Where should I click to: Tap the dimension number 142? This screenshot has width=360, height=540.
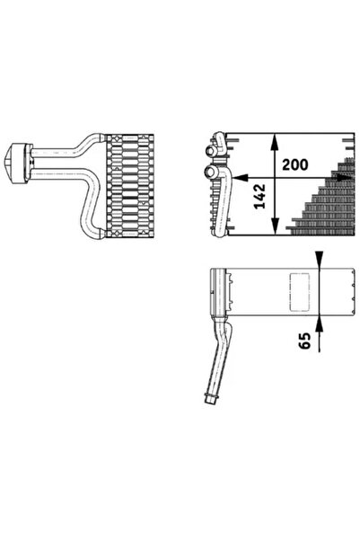(x=258, y=198)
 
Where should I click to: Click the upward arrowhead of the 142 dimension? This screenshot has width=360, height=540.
(x=274, y=140)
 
